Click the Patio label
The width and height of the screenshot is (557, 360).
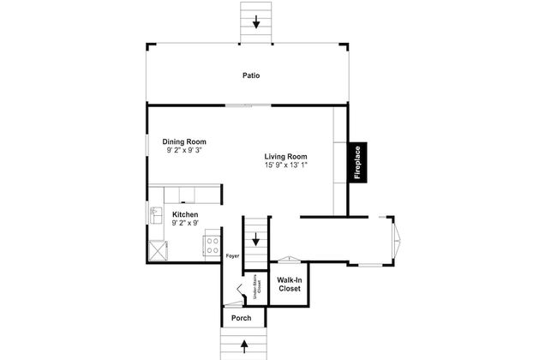point(251,75)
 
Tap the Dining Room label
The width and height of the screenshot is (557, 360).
point(184,141)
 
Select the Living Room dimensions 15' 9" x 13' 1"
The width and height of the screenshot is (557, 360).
point(286,165)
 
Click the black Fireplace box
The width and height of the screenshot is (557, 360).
point(357,162)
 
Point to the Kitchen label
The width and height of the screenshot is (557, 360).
point(185,214)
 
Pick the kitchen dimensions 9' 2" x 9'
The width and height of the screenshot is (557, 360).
point(185,223)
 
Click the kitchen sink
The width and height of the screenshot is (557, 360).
point(156,215)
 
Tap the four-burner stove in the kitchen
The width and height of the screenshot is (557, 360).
point(213,245)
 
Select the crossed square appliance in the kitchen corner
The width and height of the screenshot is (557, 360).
point(158,250)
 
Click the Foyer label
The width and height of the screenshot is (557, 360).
point(233,256)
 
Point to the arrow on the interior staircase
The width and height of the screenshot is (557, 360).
point(255,239)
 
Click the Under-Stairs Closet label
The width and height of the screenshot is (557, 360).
point(257,284)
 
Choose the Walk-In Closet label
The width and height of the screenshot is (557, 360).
point(290,285)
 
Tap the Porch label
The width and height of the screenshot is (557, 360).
point(241,318)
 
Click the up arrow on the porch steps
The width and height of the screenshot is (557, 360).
point(244,346)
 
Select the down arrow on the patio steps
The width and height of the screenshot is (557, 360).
point(255,22)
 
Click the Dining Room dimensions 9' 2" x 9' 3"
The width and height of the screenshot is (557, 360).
point(184,150)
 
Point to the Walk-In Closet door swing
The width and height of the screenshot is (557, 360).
point(289,260)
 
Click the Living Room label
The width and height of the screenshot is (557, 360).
point(286,156)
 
